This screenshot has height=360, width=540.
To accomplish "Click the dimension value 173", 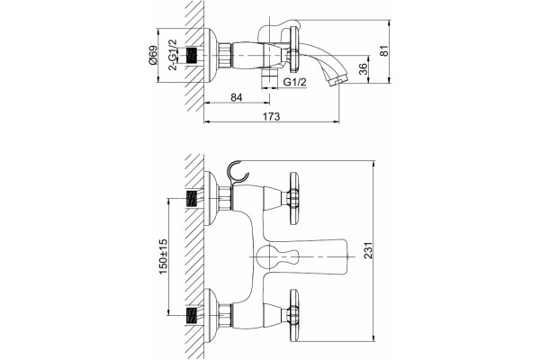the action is tap(272, 116).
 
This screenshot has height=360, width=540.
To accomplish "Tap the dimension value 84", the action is tap(236, 97).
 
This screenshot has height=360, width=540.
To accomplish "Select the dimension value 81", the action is tap(383, 50).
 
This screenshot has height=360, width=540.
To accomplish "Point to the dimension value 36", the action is tap(363, 69).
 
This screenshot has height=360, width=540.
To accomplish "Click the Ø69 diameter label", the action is tap(153, 55).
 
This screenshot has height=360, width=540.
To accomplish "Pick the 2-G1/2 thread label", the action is tap(172, 55).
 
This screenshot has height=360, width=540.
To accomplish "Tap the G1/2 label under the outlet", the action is tap(294, 82).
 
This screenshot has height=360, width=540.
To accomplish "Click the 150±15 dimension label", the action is tap(163, 256).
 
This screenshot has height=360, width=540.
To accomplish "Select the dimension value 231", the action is tap(368, 250).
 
